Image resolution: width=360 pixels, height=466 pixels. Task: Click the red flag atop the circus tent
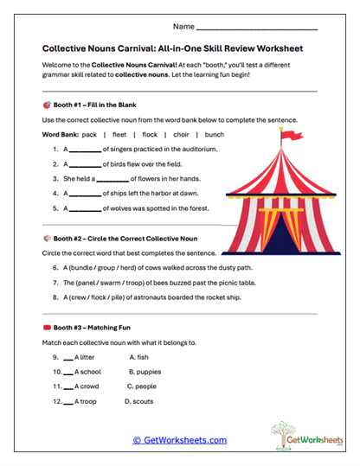286,134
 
